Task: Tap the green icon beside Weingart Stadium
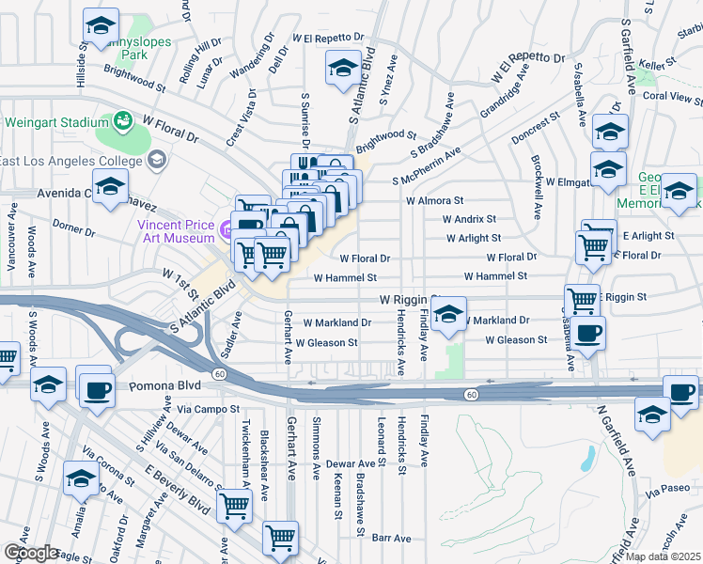coord(123,121)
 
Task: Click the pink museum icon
coord(227,230)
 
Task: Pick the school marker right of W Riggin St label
coord(449,315)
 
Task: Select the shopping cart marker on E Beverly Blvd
coord(234,506)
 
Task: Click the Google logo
coord(31,553)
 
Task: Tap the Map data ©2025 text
coord(662,556)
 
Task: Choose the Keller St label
coord(658,64)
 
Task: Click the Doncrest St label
coord(538,127)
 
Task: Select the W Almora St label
coord(435,200)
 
